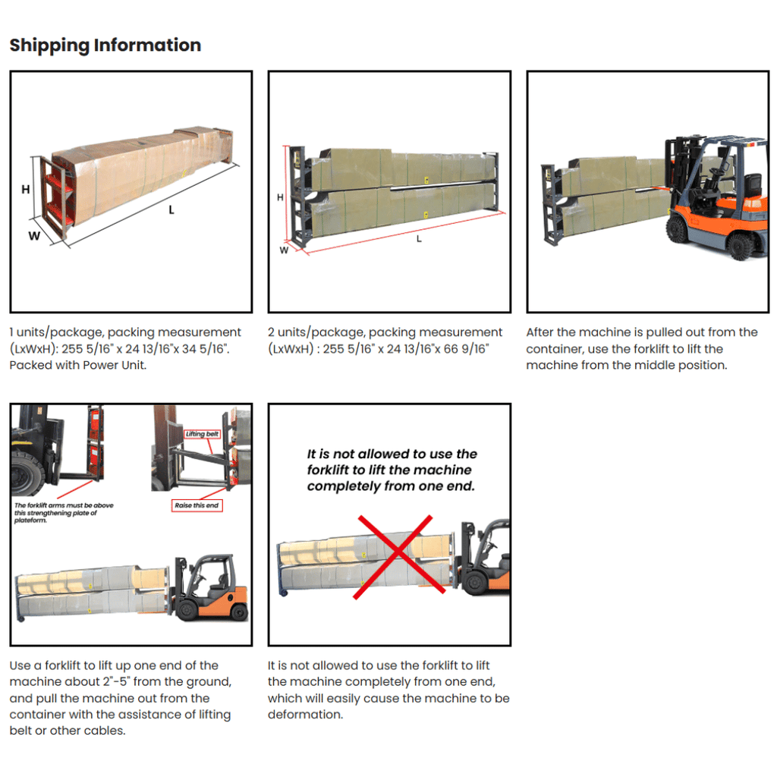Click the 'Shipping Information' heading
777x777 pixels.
[x=105, y=45]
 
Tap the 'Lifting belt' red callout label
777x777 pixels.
[x=202, y=434]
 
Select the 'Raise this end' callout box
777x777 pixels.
[x=197, y=505]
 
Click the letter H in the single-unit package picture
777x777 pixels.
[x=26, y=189]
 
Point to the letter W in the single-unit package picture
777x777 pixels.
[x=34, y=236]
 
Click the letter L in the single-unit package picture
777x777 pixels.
[x=171, y=210]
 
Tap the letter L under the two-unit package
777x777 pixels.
[x=419, y=239]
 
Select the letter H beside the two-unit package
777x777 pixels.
[x=280, y=197]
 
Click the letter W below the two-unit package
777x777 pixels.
[x=284, y=250]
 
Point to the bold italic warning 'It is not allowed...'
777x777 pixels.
[x=392, y=470]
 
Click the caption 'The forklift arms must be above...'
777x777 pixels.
[x=64, y=513]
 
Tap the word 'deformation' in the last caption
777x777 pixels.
[x=304, y=715]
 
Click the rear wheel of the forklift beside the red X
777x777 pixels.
[x=474, y=583]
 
